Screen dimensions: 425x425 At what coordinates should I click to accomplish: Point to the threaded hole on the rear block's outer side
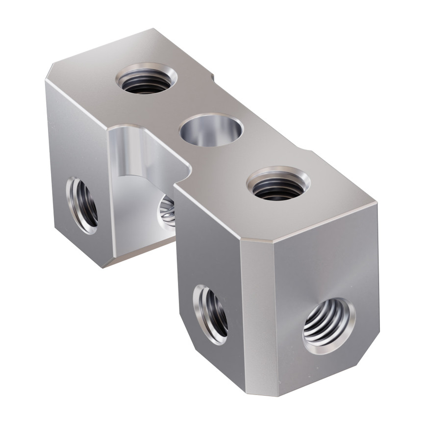click(x=82, y=204)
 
